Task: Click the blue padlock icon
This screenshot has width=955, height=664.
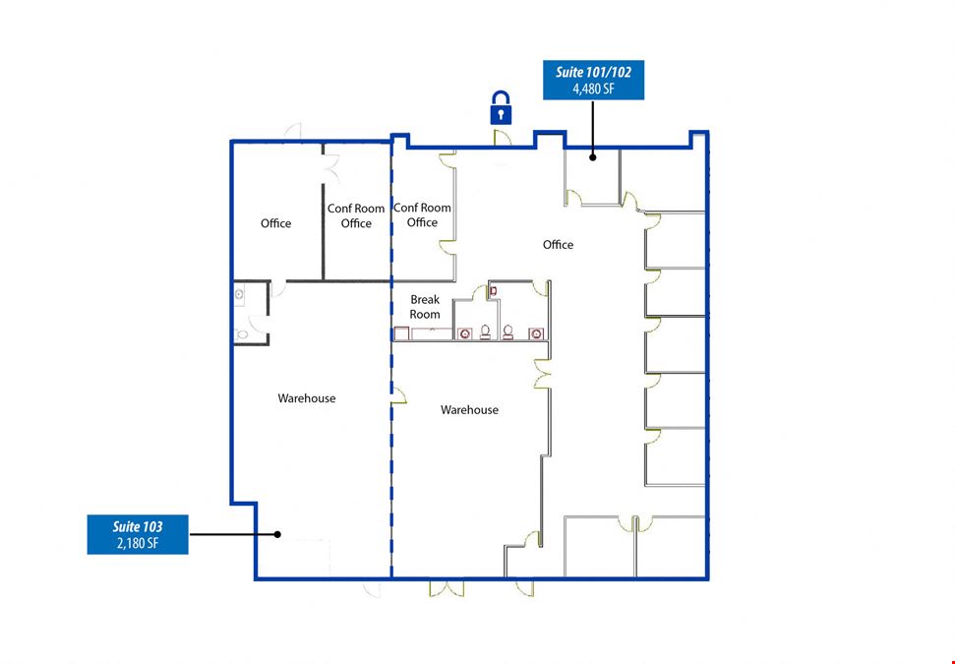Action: click(x=501, y=108)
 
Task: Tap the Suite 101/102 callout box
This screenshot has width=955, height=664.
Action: click(x=593, y=80)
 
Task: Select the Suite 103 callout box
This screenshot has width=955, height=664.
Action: click(x=138, y=534)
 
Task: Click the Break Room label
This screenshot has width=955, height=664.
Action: click(x=425, y=307)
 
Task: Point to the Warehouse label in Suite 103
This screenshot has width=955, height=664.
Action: click(x=306, y=398)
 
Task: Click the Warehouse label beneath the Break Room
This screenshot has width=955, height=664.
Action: click(x=469, y=410)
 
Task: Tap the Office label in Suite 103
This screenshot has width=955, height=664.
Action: click(x=276, y=223)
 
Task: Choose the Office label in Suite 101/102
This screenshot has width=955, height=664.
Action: click(x=558, y=245)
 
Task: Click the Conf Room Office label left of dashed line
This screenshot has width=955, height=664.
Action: click(x=356, y=215)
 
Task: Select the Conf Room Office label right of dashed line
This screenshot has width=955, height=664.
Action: click(x=422, y=215)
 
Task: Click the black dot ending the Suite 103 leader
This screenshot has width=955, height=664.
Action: click(x=277, y=534)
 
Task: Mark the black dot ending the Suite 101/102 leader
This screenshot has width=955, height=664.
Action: click(x=593, y=157)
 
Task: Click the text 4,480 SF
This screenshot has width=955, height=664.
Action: click(x=593, y=89)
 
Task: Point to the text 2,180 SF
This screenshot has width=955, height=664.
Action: click(x=138, y=543)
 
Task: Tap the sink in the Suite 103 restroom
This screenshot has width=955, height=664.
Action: click(x=239, y=295)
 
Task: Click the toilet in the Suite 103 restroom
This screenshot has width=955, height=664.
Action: click(x=242, y=334)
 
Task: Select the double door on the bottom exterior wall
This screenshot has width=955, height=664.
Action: click(x=447, y=588)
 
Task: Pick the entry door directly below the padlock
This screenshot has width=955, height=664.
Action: click(x=502, y=138)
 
